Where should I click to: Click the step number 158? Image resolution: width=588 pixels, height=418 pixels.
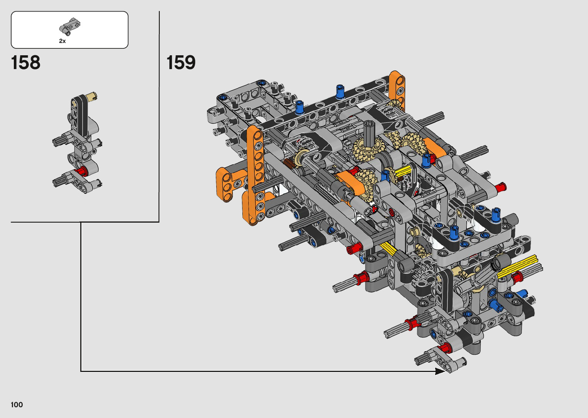pyautogui.click(x=26, y=63)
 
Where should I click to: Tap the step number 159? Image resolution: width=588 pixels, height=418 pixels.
pyautogui.click(x=181, y=63)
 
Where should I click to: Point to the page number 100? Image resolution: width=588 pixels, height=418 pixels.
pyautogui.click(x=17, y=405)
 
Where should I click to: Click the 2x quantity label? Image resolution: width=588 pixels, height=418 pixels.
pyautogui.click(x=62, y=41)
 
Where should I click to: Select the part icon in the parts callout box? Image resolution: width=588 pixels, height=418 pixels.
pyautogui.click(x=70, y=26)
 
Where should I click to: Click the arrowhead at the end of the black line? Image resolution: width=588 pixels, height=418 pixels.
pyautogui.click(x=440, y=371)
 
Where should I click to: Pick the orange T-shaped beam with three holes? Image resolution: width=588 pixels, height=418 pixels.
pyautogui.click(x=226, y=184)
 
